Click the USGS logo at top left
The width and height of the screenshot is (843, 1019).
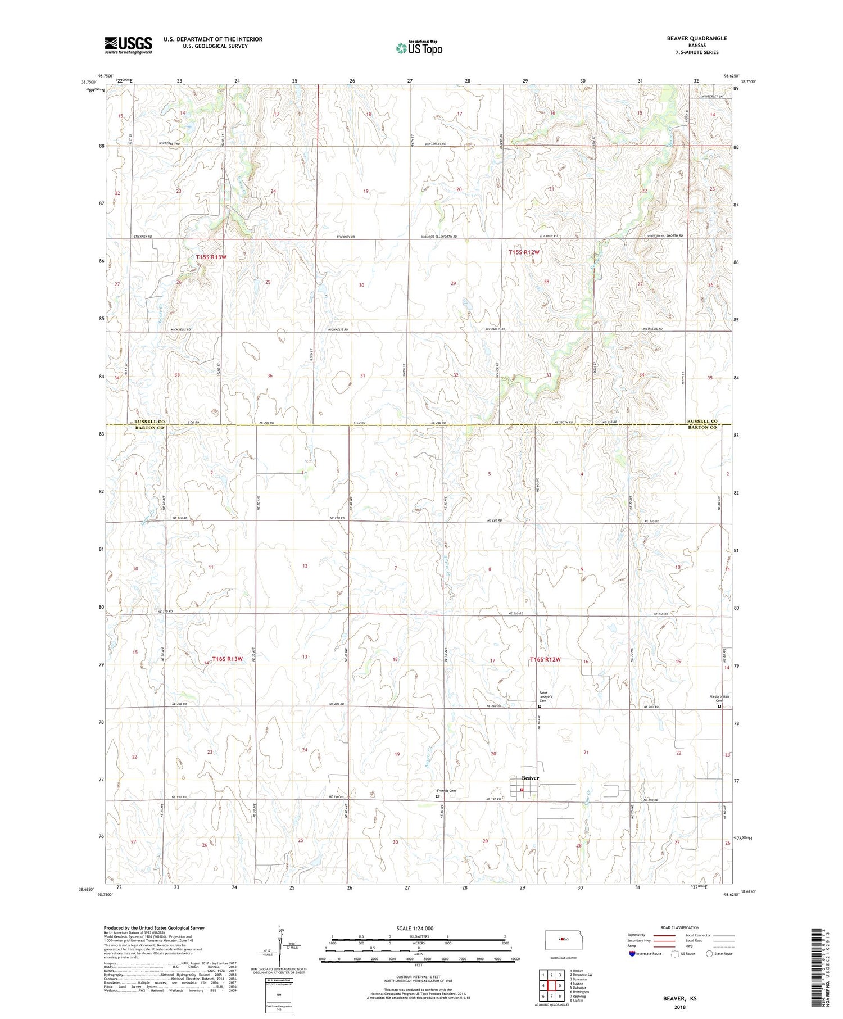tap(128, 45)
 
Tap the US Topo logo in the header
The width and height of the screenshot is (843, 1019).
tap(419, 48)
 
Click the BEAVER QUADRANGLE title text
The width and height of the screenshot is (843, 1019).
tap(696, 38)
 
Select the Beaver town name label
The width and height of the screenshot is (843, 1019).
tap(530, 778)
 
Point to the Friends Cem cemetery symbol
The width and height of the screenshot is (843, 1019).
tap(438, 796)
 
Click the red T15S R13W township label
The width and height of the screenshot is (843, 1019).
tap(211, 257)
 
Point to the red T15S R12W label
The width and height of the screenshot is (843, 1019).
tap(524, 252)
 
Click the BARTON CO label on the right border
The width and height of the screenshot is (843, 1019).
tap(701, 428)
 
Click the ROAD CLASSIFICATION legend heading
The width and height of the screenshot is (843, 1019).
tap(680, 927)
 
